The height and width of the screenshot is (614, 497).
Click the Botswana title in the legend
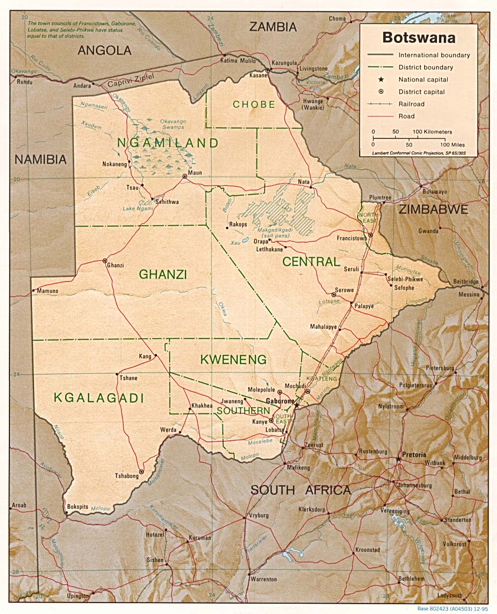click(419, 38)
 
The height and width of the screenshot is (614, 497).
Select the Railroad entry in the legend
click(411, 104)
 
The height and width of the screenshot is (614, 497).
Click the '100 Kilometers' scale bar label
click(432, 132)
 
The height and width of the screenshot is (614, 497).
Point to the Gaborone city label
click(280, 401)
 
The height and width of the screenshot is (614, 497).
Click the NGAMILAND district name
click(167, 143)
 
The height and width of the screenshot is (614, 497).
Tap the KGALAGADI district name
click(98, 398)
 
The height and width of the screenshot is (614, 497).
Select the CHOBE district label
click(254, 104)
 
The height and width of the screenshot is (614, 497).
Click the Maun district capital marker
click(185, 176)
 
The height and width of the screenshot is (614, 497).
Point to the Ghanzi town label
click(116, 265)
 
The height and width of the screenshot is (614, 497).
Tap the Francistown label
click(352, 239)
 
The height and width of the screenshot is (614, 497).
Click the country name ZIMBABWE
click(433, 209)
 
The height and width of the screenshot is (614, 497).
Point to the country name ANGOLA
click(104, 50)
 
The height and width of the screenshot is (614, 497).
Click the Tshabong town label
click(126, 476)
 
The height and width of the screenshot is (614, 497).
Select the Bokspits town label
click(78, 507)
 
